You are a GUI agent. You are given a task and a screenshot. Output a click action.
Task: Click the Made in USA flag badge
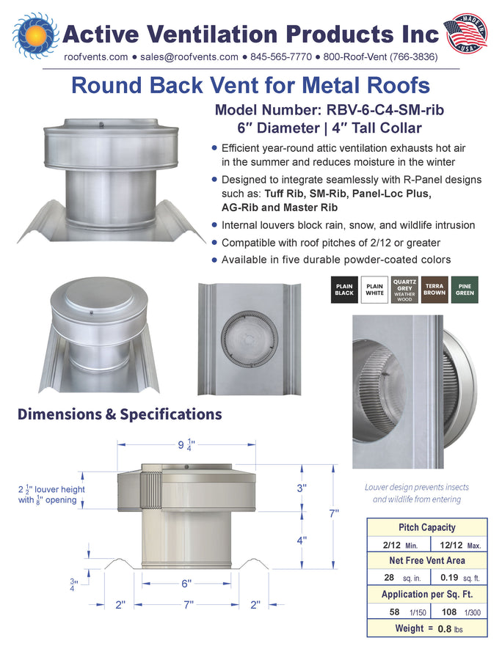tap(465, 34)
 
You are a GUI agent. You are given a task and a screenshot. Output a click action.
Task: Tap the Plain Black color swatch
tap(344, 290)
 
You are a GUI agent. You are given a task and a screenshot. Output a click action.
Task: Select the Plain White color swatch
tap(374, 290)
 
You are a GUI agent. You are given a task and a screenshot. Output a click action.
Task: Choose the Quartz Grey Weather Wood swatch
tap(404, 290)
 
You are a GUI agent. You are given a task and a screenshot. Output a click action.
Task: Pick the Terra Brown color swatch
tap(434, 290)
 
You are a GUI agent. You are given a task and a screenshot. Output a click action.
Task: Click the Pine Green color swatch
tap(465, 290)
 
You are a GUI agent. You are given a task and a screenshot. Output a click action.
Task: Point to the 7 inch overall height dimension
tap(334, 513)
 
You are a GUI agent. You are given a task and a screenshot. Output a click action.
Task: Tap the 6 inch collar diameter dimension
tap(186, 584)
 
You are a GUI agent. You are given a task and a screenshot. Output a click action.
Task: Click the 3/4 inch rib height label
tap(73, 584)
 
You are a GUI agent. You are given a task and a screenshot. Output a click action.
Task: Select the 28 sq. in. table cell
tap(399, 577)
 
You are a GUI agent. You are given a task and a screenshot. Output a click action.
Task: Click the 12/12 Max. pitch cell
tap(459, 545)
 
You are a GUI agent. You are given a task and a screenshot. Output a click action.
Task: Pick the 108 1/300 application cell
tap(459, 612)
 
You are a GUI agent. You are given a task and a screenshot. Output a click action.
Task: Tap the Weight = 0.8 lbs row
tap(427, 628)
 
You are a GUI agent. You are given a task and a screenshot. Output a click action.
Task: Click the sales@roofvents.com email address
tap(189, 57)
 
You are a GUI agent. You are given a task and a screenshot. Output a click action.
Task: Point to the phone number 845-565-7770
tap(281, 57)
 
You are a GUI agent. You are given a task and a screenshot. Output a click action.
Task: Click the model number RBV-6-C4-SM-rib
tap(385, 110)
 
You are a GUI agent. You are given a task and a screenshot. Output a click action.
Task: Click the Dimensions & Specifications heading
tap(120, 414)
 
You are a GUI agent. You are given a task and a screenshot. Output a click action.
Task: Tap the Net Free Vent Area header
tap(427, 560)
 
